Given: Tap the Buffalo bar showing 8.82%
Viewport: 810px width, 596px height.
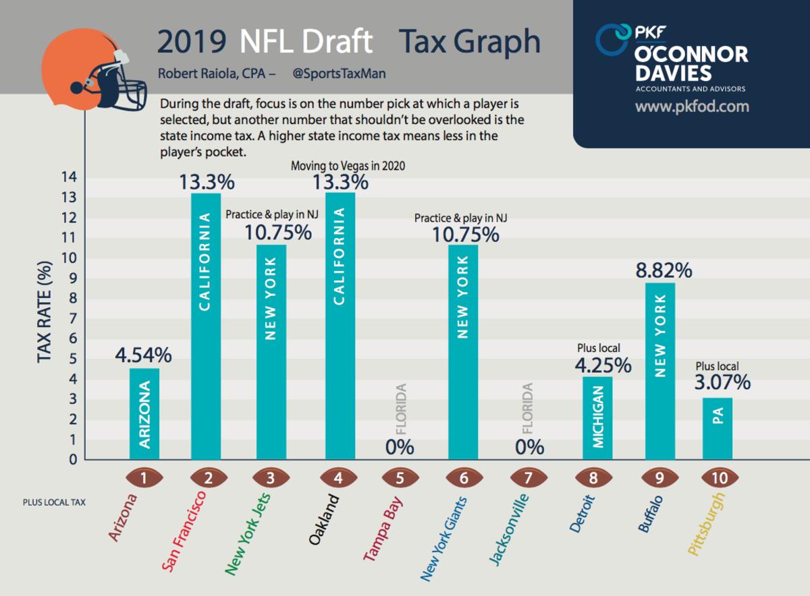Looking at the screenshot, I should coord(659,371).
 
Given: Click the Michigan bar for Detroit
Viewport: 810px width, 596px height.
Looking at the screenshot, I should coord(598,418).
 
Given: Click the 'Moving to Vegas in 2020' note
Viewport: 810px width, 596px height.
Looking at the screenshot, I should coord(348,166).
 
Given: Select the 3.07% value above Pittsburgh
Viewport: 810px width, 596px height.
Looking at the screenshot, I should coord(722,383).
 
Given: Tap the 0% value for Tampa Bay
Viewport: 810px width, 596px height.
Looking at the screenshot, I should coord(400,447).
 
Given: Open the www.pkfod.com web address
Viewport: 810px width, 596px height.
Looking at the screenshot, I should coord(692,107).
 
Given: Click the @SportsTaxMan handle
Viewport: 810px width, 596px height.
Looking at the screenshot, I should coord(339,73).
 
